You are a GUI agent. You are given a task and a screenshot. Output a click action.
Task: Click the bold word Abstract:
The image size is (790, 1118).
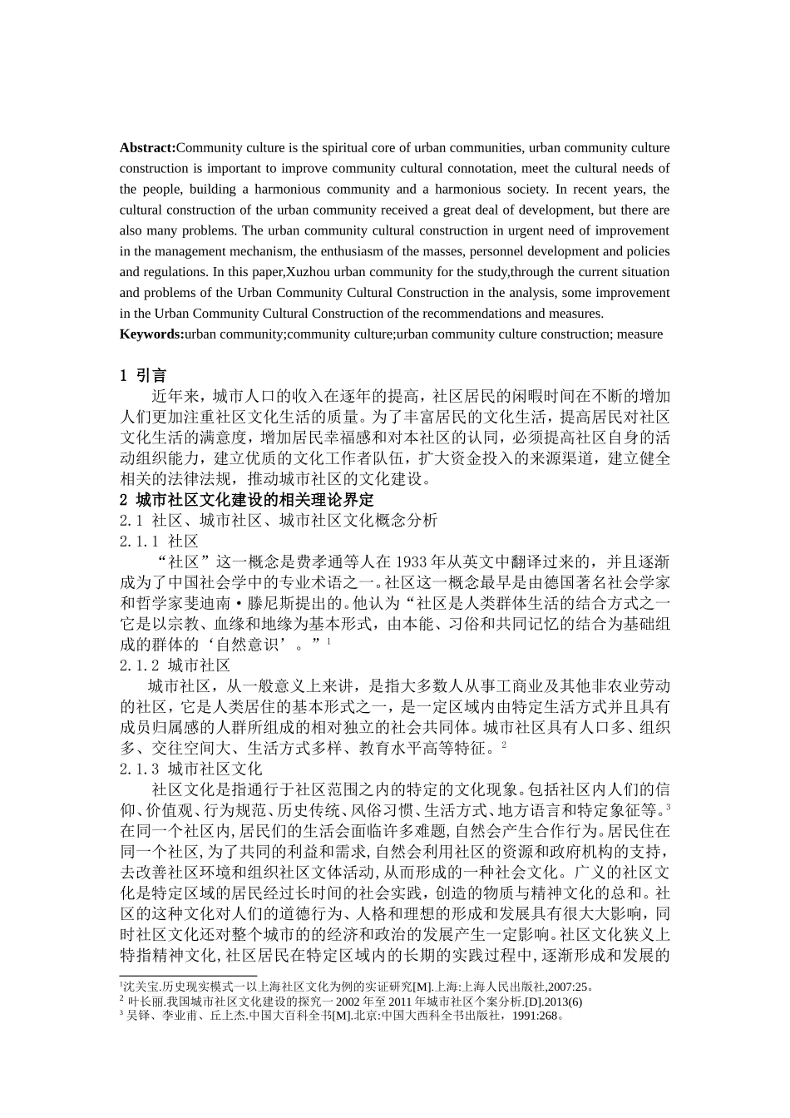(x=147, y=148)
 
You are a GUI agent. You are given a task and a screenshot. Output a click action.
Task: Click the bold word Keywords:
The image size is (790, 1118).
(x=151, y=334)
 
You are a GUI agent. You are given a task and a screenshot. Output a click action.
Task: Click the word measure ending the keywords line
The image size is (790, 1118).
(x=641, y=334)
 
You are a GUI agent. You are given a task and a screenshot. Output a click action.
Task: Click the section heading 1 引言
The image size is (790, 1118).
(x=143, y=375)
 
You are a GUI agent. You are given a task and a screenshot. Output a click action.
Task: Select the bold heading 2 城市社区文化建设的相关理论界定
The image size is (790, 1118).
(x=247, y=500)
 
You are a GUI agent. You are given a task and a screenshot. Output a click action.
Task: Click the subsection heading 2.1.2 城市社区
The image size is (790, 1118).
(x=175, y=665)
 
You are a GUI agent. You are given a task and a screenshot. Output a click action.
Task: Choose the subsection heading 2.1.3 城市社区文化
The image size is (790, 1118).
(x=190, y=769)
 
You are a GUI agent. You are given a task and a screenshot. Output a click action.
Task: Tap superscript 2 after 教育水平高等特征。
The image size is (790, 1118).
(x=504, y=745)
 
